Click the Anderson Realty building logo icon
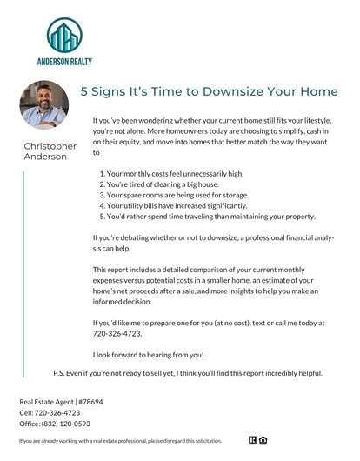(x=65, y=36)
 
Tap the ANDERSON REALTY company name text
(x=64, y=62)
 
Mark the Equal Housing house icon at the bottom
(x=262, y=441)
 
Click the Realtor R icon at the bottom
(x=252, y=441)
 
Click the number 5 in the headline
(x=84, y=90)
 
